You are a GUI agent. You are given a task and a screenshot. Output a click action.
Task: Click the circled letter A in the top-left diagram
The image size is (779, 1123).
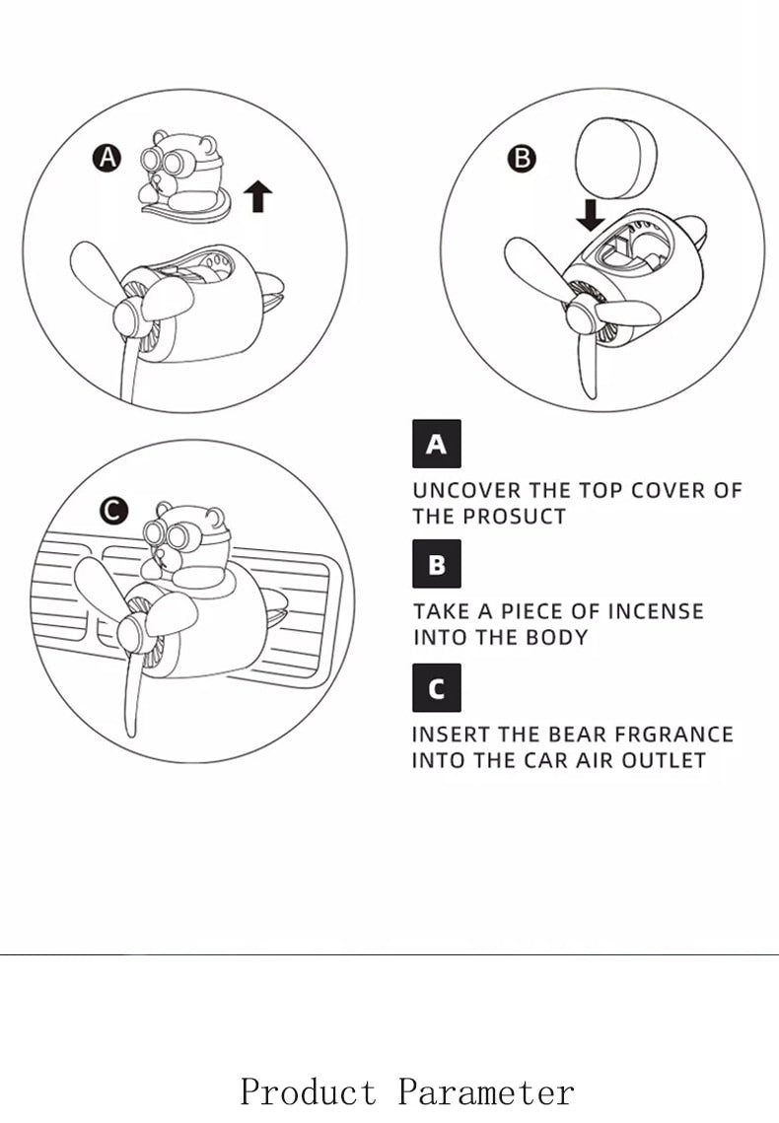(106, 157)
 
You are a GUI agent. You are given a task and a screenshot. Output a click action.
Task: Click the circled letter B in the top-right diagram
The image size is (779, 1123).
(522, 158)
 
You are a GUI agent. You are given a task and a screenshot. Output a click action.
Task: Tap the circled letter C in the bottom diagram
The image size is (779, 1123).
(114, 511)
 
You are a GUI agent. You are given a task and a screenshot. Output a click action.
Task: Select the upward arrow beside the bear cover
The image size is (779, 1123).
(257, 195)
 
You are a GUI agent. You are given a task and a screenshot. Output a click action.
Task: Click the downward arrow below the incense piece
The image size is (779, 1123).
(592, 214)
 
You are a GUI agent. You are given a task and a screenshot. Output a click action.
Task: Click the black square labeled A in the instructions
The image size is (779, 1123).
(436, 444)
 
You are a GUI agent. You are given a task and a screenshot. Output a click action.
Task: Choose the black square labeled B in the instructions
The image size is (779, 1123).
(436, 565)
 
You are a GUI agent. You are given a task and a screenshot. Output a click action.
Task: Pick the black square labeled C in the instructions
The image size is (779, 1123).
(436, 687)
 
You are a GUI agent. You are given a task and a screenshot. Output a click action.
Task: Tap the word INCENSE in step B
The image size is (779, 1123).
(656, 611)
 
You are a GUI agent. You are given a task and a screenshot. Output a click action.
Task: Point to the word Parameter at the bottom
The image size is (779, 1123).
(486, 1092)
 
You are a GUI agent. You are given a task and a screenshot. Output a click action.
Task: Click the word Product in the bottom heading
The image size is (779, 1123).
(309, 1092)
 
